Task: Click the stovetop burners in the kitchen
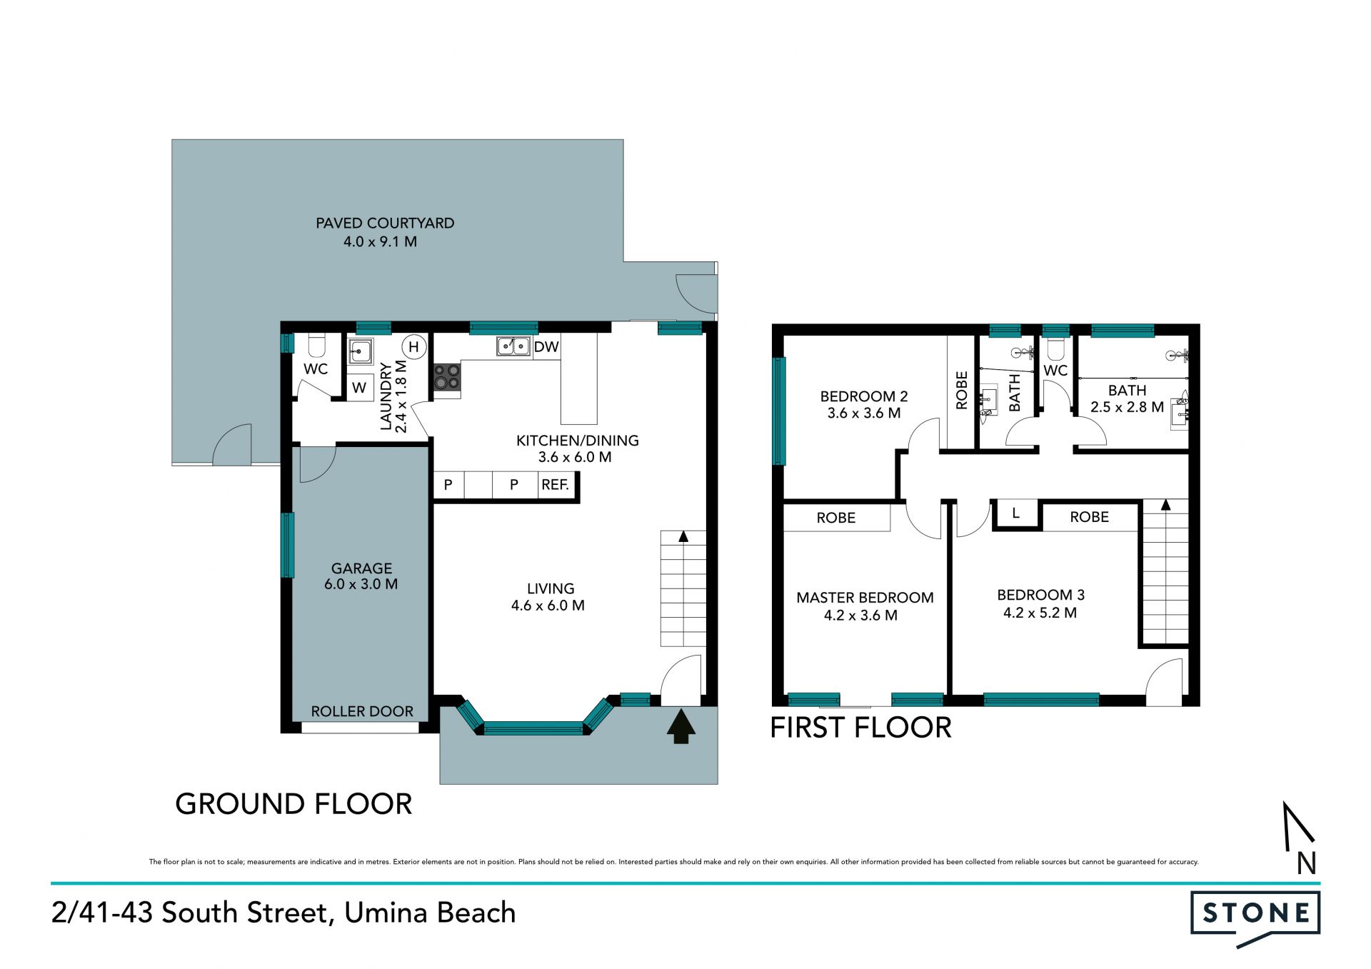[x=447, y=377]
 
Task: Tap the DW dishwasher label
[x=546, y=347]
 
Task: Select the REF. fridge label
[x=555, y=485]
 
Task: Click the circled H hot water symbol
[x=413, y=347]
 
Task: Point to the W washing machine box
[x=360, y=387]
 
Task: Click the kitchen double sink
[x=513, y=346]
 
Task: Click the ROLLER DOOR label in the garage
[x=362, y=711]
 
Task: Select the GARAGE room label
[x=361, y=568]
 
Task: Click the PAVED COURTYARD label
[x=385, y=223]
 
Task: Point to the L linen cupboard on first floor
[x=1015, y=513]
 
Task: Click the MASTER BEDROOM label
[x=865, y=598]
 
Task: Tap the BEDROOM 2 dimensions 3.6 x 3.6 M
[x=864, y=413]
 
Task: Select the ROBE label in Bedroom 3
[x=1089, y=517]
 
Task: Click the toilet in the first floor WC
[x=1055, y=348]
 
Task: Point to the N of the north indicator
[x=1307, y=863]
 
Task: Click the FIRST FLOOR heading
[x=860, y=728]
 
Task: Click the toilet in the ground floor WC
[x=316, y=346]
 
